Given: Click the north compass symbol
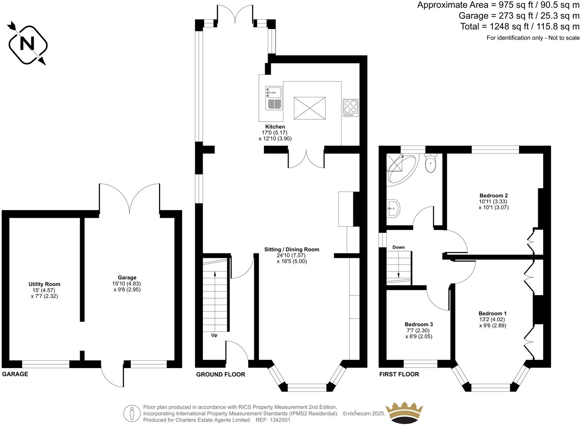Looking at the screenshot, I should [27, 44].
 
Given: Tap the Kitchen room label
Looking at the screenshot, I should [275, 127].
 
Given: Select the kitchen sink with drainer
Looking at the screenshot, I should [274, 97].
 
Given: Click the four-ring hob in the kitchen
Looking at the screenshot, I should [351, 107].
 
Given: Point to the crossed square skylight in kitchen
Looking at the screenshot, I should [310, 107].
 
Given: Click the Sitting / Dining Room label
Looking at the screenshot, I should [292, 250].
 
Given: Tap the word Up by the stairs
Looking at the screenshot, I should [214, 335].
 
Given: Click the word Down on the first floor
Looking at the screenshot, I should [398, 247].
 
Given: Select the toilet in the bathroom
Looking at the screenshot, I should [431, 164].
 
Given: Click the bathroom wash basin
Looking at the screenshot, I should [393, 208].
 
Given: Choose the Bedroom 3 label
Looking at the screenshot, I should [418, 325].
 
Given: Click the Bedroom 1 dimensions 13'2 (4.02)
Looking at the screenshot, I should [492, 319].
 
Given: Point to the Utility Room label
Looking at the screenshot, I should [44, 284].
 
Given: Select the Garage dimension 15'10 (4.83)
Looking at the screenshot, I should [126, 284].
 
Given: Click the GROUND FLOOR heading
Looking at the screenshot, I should [221, 374].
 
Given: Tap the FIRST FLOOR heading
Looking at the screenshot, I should [399, 374].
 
